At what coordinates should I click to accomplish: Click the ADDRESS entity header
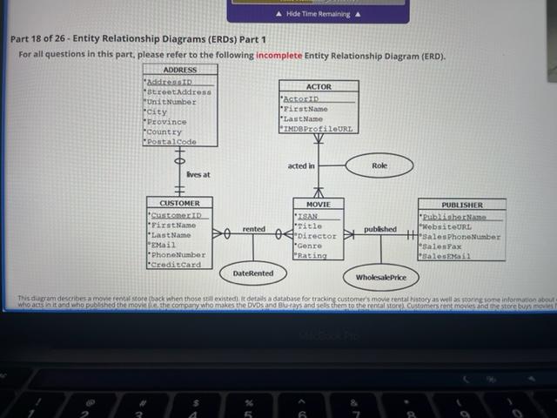tap(179, 70)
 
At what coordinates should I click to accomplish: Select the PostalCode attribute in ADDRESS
tap(171, 142)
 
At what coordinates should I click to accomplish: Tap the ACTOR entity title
tap(319, 87)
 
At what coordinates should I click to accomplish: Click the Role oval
tap(379, 165)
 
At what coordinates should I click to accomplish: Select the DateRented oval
tap(253, 273)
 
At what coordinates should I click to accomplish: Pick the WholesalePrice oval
tap(381, 278)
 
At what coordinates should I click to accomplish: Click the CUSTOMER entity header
tap(179, 203)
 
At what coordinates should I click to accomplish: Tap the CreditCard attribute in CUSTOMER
tap(177, 265)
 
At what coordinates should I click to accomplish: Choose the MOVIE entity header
tap(318, 204)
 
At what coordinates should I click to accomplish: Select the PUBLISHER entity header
tap(461, 205)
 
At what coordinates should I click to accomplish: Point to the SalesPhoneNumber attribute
tap(462, 236)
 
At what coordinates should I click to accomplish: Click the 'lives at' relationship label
tap(198, 175)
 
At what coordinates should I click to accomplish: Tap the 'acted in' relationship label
tap(301, 165)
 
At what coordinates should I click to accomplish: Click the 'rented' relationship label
tap(254, 229)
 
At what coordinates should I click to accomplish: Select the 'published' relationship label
tap(380, 230)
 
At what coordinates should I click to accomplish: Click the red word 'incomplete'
tap(278, 56)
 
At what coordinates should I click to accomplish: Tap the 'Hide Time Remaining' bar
tap(318, 15)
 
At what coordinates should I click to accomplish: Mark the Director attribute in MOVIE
tap(317, 236)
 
